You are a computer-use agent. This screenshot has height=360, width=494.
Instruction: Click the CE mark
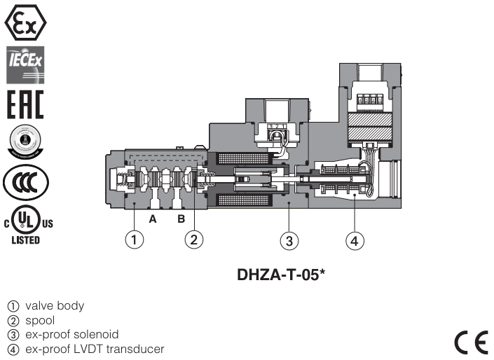pos(470,341)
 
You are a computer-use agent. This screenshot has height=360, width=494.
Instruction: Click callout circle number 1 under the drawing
pos(135,240)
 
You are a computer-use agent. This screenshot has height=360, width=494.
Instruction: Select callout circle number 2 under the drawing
pos(194,240)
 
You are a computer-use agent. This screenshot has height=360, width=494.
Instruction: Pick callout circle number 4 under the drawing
pos(355,241)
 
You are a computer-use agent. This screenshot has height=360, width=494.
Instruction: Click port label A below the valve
pos(151,219)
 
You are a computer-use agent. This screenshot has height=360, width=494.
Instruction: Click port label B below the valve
pos(180,219)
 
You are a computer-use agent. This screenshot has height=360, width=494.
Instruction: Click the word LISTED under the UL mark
pos(25,240)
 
